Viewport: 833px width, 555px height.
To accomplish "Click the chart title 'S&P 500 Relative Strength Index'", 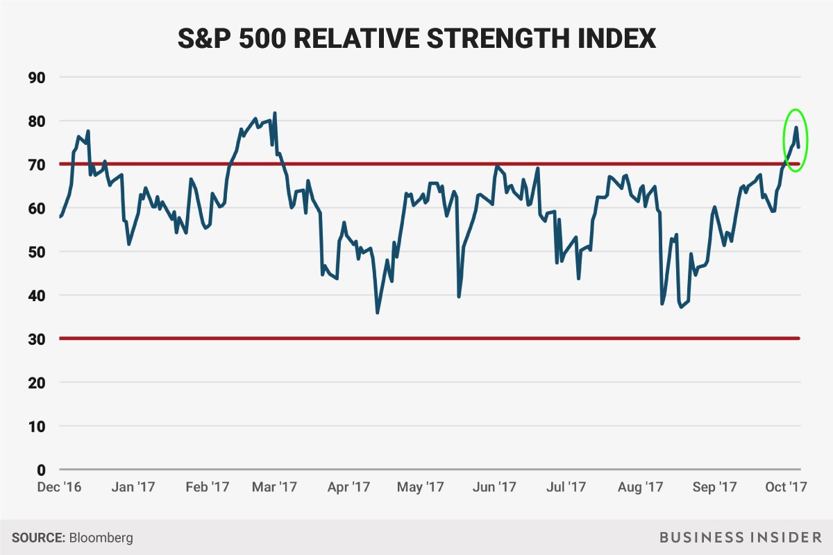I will [416, 37].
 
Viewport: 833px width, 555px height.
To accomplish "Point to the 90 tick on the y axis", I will [35, 77].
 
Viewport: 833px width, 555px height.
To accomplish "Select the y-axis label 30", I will [35, 339].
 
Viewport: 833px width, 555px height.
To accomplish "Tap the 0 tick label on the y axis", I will [40, 470].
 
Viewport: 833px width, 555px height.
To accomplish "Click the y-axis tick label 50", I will [35, 252].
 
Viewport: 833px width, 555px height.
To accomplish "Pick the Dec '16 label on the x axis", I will [59, 487].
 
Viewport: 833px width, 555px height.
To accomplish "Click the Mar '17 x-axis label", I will [275, 487].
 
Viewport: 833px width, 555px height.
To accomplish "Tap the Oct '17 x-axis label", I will [784, 487].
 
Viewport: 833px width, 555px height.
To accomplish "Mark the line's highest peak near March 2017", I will [275, 113].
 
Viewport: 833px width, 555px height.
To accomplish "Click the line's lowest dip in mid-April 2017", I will [377, 312].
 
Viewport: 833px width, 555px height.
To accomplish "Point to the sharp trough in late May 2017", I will [459, 296].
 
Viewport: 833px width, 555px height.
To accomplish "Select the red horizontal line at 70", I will [416, 164].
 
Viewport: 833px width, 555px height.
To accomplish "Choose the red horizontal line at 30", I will [416, 339].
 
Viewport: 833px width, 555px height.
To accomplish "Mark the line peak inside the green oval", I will [796, 127].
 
